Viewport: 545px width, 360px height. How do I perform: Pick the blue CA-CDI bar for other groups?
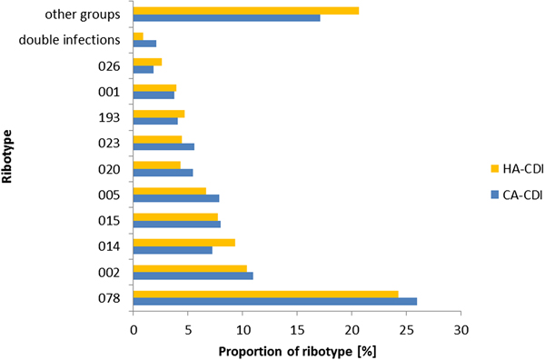click(226, 18)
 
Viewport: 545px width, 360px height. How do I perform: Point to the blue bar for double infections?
click(144, 44)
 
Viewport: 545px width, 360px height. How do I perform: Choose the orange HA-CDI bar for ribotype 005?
click(169, 190)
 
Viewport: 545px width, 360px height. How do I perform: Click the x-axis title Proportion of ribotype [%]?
click(297, 351)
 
